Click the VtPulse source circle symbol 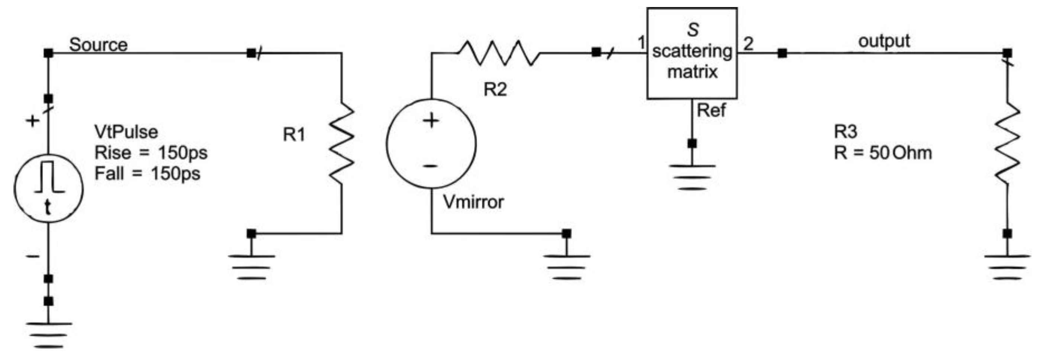[x=48, y=189]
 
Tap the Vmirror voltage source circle [x=431, y=143]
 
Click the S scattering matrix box [x=692, y=53]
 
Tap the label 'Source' [x=98, y=45]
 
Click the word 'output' [x=884, y=42]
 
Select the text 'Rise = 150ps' [x=151, y=153]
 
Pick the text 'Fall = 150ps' [x=147, y=174]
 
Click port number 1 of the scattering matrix [x=641, y=43]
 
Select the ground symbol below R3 [x=1007, y=266]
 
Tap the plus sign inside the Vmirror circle [x=431, y=120]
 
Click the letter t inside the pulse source [x=48, y=208]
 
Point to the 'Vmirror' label [x=473, y=202]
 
